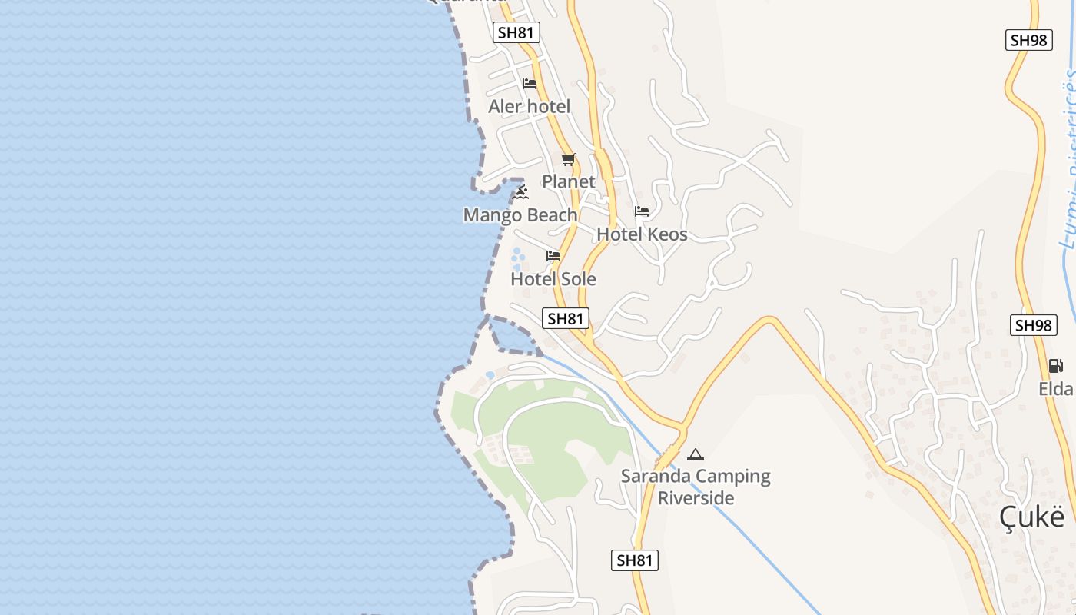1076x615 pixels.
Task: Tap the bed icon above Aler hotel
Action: point(530,84)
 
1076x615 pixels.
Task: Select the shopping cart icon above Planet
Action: point(569,160)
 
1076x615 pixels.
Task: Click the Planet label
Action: point(569,181)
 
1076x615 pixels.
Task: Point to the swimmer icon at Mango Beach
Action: point(521,191)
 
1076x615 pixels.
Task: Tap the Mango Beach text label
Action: point(520,215)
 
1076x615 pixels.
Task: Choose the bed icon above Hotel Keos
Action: point(642,211)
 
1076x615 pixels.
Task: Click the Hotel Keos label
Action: point(642,234)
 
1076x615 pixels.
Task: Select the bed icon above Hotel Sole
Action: point(553,256)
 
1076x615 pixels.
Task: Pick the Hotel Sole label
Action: point(553,278)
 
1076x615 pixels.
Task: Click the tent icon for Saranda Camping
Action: point(696,454)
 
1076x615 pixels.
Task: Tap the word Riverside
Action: point(696,498)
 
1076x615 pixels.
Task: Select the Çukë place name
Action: point(1032,517)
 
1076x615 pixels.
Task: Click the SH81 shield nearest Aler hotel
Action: point(516,32)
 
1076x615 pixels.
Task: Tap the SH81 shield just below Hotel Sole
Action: point(566,318)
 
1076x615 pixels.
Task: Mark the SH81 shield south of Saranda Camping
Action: point(635,560)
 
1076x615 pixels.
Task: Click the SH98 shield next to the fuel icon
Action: point(1033,325)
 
